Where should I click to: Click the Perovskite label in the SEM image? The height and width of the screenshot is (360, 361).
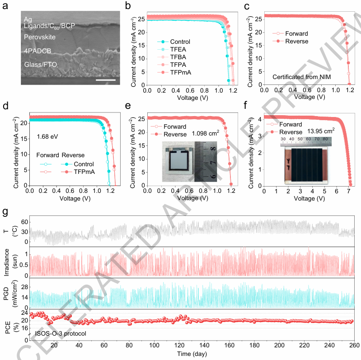(40, 37)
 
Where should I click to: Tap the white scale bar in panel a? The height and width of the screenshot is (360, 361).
(106, 80)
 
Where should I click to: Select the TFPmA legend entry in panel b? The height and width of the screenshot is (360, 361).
(174, 72)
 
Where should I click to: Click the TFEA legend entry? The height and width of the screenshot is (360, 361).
(172, 49)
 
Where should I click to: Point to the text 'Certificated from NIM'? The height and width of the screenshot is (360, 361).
(302, 77)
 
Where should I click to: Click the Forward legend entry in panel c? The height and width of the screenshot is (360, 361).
(290, 33)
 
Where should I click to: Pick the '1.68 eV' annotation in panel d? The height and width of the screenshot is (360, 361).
(47, 137)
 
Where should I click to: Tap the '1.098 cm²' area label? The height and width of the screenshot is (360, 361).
(206, 133)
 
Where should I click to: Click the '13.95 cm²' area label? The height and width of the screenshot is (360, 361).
(321, 131)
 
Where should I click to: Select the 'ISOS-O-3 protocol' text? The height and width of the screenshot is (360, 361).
(61, 333)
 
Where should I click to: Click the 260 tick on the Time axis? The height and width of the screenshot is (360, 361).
(355, 345)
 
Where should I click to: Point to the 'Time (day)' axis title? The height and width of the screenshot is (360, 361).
(192, 354)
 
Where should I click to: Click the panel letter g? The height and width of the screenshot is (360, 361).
(5, 211)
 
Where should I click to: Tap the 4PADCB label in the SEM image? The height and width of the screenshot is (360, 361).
(38, 51)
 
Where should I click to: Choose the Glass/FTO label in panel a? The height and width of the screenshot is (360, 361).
(41, 65)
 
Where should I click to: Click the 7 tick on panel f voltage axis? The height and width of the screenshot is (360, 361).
(348, 191)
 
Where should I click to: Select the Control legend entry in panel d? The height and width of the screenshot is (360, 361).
(78, 164)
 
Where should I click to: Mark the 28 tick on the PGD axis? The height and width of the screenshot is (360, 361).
(25, 287)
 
